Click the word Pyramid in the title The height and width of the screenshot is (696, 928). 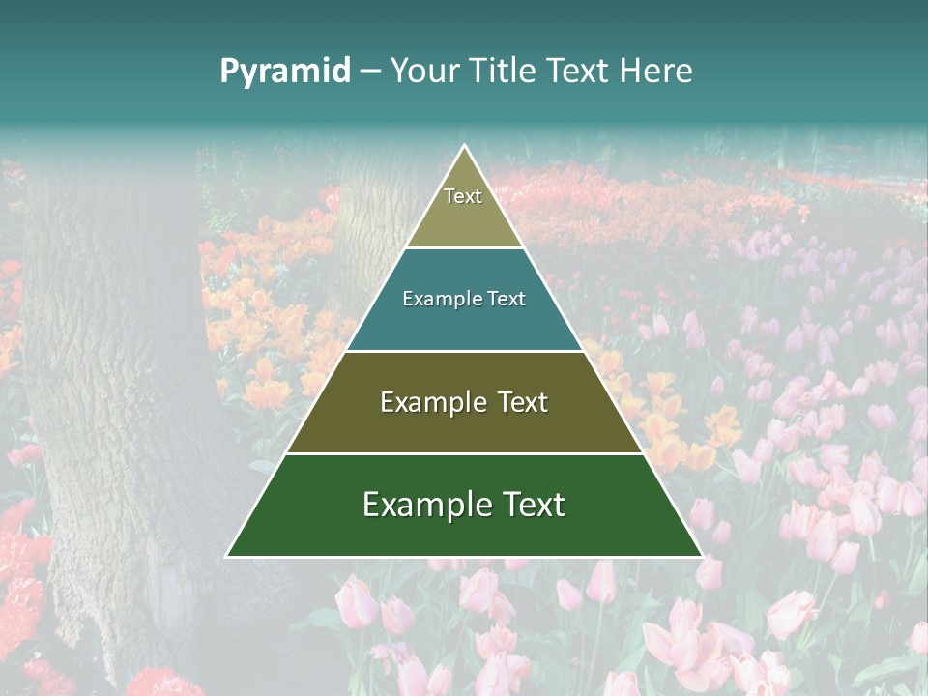[285, 72]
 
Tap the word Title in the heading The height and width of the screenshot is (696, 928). [504, 72]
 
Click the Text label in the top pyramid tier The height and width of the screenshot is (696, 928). [463, 197]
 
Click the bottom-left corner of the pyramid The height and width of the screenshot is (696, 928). [227, 556]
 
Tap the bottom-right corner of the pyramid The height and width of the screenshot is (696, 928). [702, 556]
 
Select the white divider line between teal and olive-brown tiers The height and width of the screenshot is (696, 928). [464, 351]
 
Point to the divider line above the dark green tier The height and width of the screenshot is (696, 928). [464, 453]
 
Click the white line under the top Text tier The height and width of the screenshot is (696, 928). [464, 248]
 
